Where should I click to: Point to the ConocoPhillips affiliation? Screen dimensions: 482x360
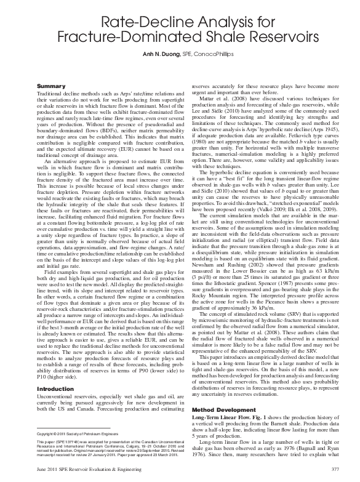click(219, 54)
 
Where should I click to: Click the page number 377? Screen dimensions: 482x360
click(317, 470)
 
